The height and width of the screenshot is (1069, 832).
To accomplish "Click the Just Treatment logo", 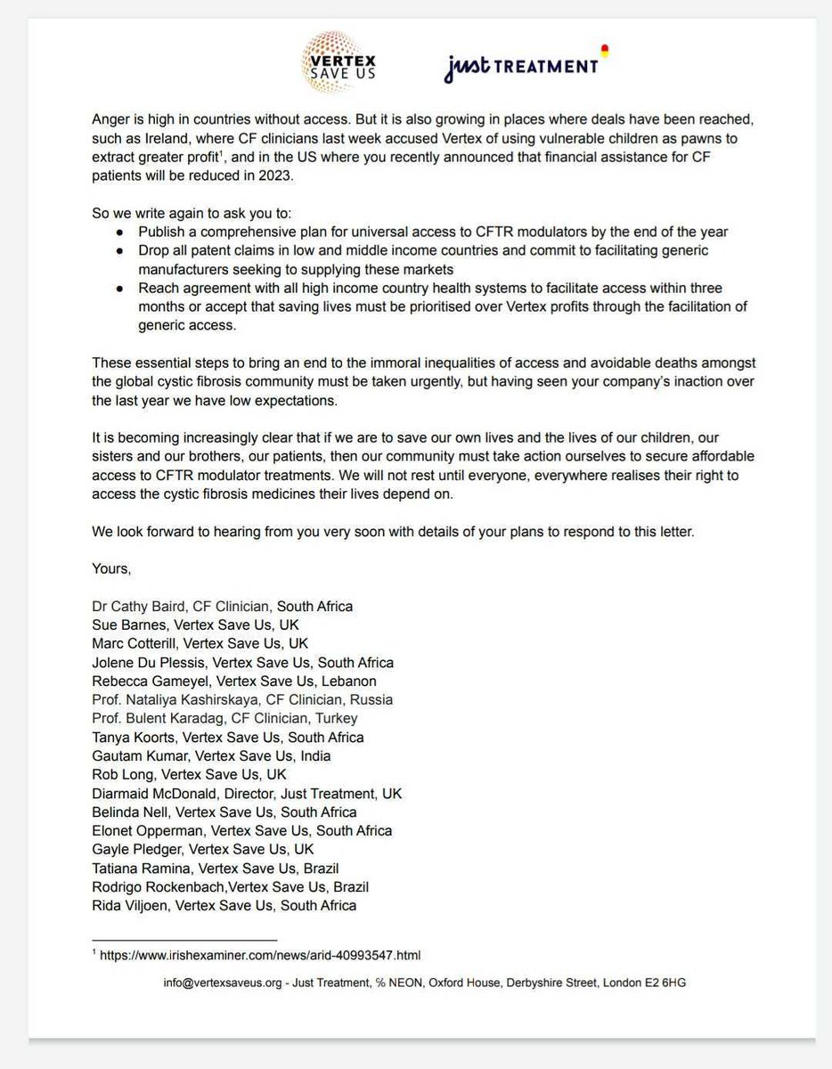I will coord(524,65).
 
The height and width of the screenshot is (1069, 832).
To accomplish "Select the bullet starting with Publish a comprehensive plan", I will coord(433,232).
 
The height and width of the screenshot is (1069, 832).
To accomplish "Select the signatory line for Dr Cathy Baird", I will coord(223,606).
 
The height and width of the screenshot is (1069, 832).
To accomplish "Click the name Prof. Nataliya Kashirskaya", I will coord(184,699).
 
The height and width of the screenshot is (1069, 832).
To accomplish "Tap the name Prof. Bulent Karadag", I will coord(159,718).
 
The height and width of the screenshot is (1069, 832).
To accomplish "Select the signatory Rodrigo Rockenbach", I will coord(155,886).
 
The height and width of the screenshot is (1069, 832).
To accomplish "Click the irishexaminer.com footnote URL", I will coord(260,955).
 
